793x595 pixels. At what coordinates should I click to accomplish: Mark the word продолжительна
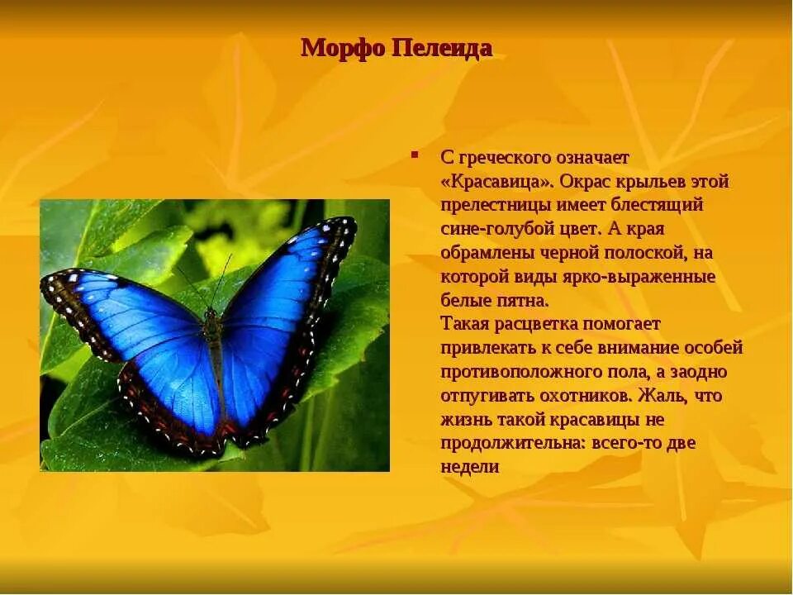[x=513, y=443]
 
